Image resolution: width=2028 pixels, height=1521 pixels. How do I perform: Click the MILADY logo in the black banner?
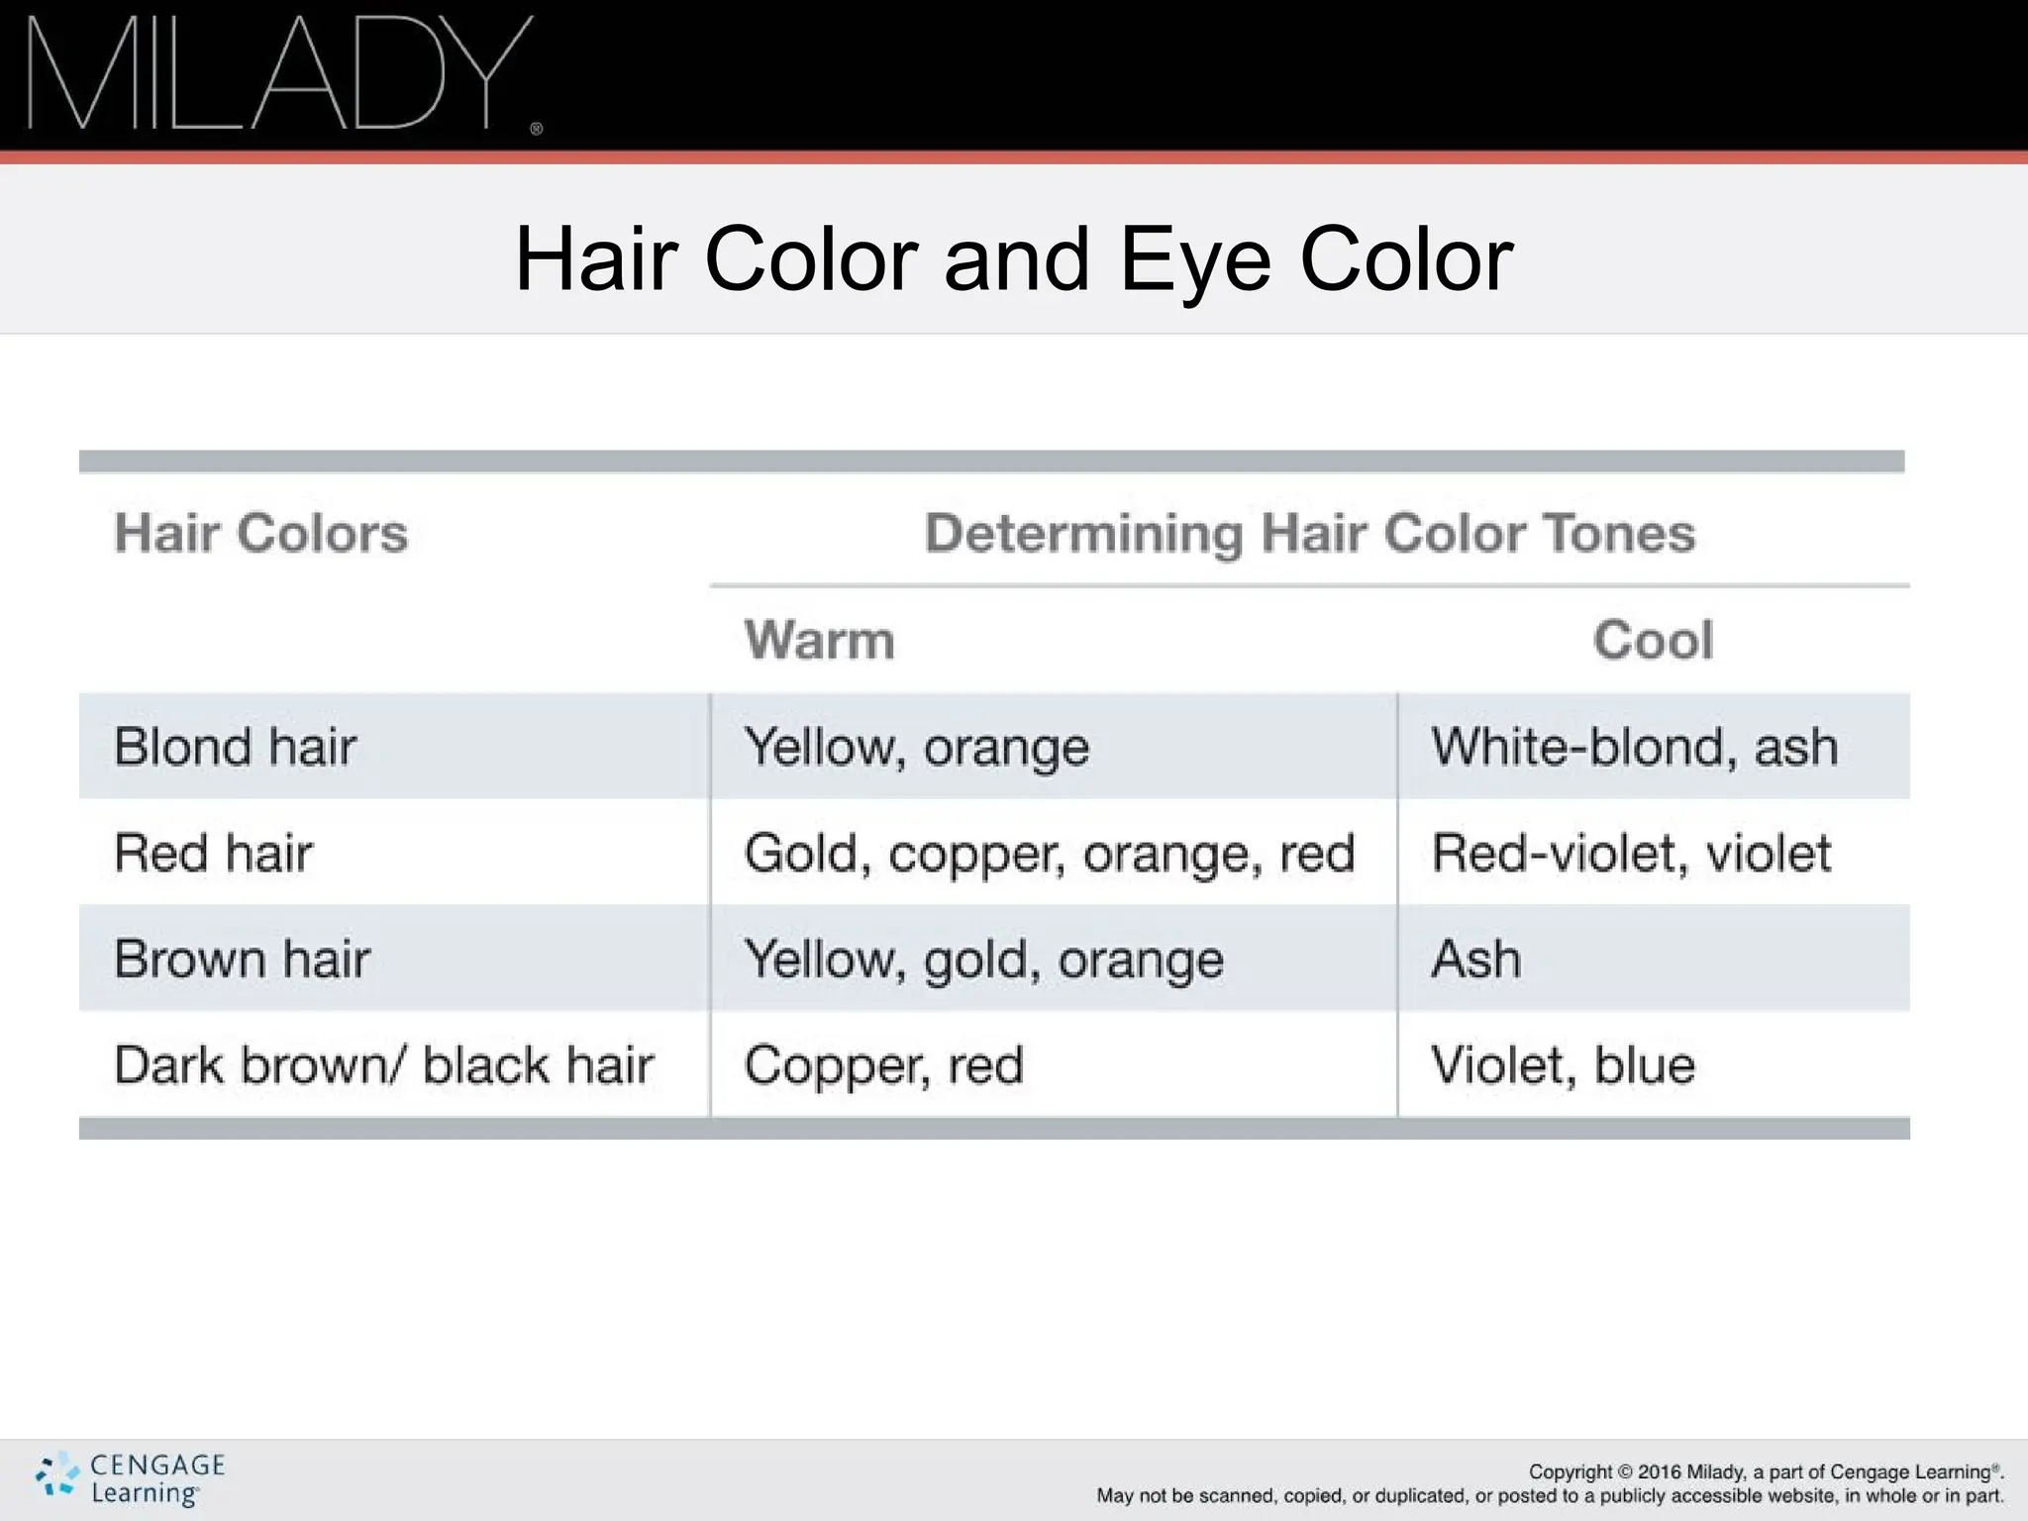coord(281,73)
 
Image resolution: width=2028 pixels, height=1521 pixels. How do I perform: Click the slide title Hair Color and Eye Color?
coord(1014,258)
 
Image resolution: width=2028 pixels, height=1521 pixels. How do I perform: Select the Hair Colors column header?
coord(260,533)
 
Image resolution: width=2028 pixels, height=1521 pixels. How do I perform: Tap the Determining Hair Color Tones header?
coord(1309,533)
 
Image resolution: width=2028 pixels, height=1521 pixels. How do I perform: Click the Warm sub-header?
coord(819,640)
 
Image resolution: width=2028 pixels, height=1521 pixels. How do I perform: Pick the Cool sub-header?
coord(1653,640)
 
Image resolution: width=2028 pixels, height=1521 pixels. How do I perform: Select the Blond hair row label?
coord(235,747)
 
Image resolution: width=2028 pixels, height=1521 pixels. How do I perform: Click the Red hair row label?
coord(213,853)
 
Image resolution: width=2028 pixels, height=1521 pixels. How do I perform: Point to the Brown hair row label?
coord(242,959)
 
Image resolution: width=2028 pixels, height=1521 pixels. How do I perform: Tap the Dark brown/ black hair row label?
coord(383,1065)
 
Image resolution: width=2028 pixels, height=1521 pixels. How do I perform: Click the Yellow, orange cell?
coord(916,747)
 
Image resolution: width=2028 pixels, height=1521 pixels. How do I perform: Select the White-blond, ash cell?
coord(1634,747)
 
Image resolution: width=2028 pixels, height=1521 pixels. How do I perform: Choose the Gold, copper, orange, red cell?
coord(1049,853)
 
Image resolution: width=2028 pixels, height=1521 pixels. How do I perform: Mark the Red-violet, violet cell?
coord(1631,853)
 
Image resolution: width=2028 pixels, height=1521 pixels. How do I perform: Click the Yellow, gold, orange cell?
coord(983,959)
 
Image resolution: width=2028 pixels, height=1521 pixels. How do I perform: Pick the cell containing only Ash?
coord(1475,959)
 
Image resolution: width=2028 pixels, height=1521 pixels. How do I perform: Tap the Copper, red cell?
coord(883,1065)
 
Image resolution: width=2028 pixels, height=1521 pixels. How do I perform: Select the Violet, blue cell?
coord(1563,1065)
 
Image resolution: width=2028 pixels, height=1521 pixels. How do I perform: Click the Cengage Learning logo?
coord(131,1478)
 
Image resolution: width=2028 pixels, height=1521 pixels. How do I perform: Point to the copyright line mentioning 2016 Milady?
coord(1766,1471)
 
